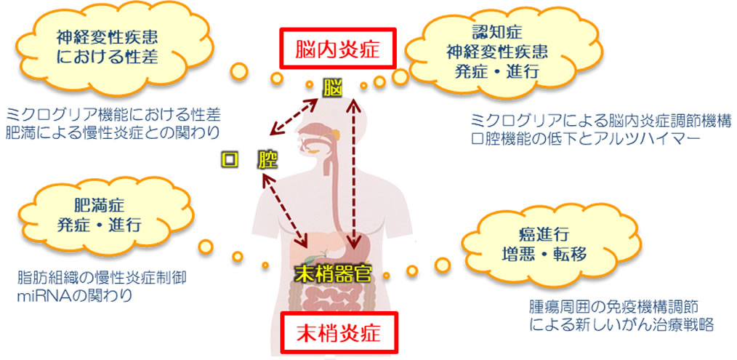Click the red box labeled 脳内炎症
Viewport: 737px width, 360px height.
[x=337, y=49]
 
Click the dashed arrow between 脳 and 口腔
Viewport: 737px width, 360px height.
[x=293, y=116]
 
